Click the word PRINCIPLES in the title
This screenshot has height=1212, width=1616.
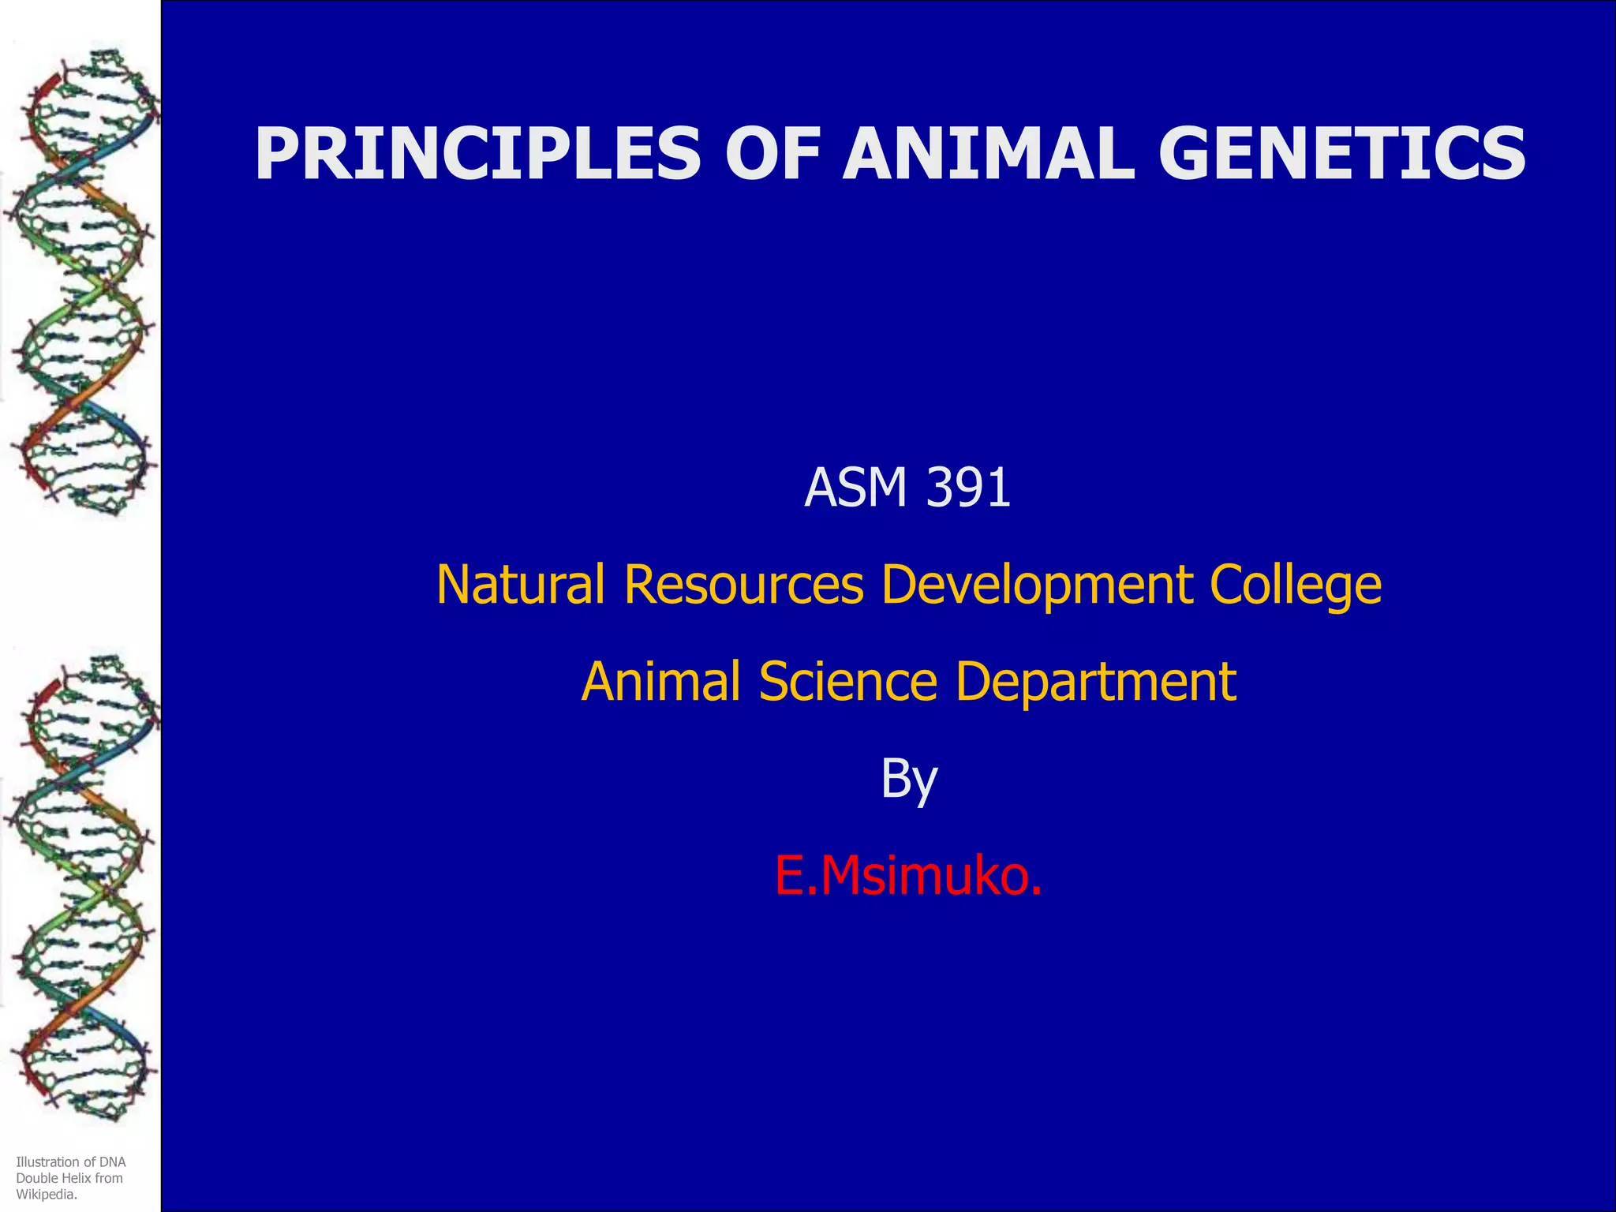click(x=477, y=154)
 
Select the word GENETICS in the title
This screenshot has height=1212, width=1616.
click(x=1341, y=154)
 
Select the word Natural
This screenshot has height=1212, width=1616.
click(x=521, y=585)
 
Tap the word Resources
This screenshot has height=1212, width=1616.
click(x=743, y=585)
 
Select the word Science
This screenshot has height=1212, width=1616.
click(x=847, y=681)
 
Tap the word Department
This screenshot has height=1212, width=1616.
click(x=1095, y=681)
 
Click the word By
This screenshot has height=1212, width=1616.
click(x=909, y=780)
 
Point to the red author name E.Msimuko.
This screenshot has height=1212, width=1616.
click(x=908, y=876)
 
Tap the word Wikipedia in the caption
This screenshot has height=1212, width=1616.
click(x=47, y=1195)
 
